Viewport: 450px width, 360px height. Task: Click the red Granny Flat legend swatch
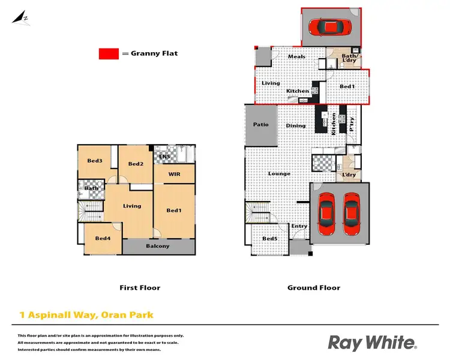109,54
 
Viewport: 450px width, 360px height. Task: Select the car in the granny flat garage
328,27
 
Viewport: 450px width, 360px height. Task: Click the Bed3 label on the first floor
94,161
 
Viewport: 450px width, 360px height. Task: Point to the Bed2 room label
136,164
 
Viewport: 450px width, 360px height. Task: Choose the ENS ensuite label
164,157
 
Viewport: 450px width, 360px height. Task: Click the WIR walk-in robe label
174,175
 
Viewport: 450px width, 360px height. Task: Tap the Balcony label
158,246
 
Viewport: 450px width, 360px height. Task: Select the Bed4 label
102,239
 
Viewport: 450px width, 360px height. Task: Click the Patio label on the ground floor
260,125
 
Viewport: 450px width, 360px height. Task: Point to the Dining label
296,126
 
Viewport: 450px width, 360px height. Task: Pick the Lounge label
279,174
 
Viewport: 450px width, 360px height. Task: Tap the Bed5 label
270,239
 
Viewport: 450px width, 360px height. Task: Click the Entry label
299,226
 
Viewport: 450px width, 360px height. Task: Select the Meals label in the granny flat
296,57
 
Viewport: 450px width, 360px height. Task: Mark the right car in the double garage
352,214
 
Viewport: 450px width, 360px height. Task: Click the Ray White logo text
372,343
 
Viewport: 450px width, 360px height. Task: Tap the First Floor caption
140,288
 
